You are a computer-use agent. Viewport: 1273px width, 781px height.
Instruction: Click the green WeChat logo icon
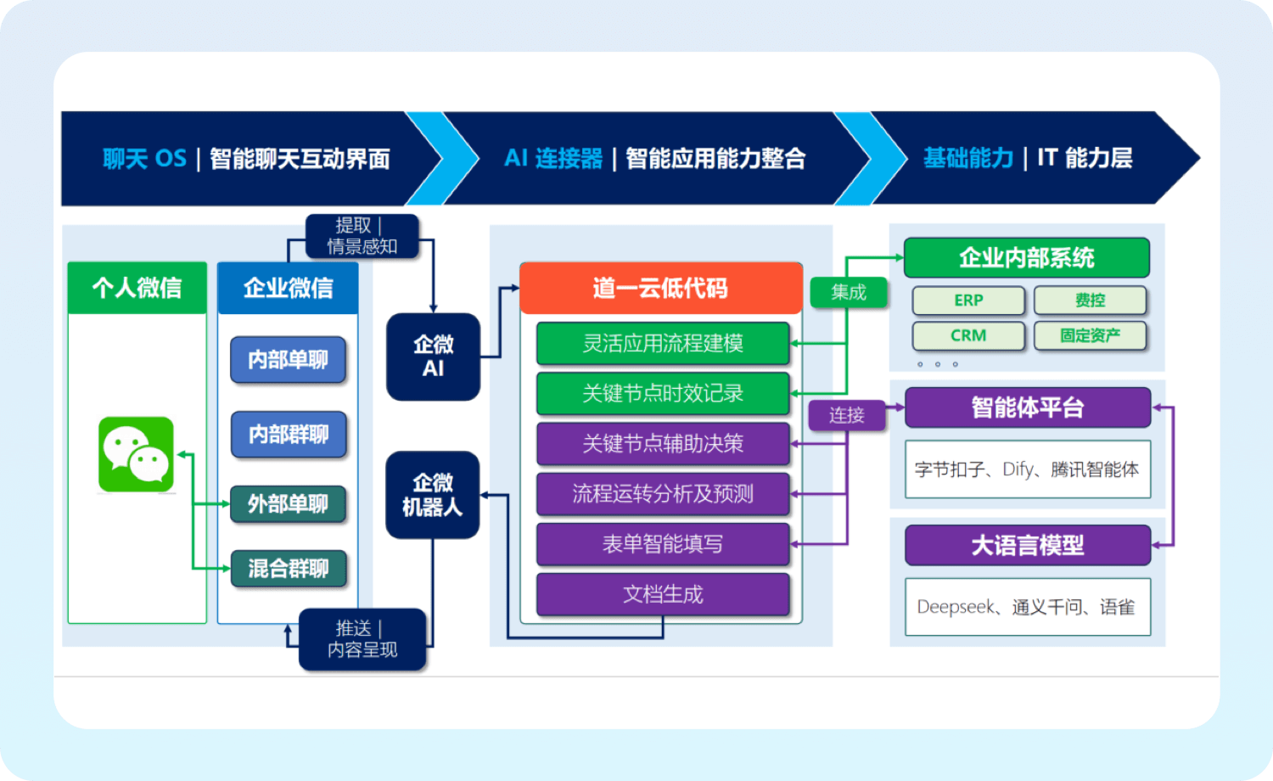pyautogui.click(x=136, y=455)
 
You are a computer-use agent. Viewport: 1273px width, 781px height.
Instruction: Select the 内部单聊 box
pyautogui.click(x=288, y=360)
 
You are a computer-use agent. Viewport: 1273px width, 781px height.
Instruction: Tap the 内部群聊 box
pyautogui.click(x=288, y=435)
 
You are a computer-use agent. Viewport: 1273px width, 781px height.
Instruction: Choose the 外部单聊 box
pyautogui.click(x=288, y=504)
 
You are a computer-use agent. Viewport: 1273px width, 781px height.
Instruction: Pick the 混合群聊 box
pyautogui.click(x=288, y=569)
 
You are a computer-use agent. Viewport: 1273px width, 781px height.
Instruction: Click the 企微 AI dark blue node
pyautogui.click(x=433, y=357)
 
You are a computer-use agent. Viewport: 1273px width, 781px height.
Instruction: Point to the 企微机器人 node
pyautogui.click(x=432, y=495)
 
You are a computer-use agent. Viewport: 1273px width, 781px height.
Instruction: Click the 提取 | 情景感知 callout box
pyautogui.click(x=362, y=236)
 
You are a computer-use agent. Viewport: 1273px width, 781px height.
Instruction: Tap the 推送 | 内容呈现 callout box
pyautogui.click(x=362, y=639)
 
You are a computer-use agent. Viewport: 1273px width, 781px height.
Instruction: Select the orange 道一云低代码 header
pyautogui.click(x=660, y=289)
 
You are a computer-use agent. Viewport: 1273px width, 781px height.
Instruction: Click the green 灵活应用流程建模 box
pyautogui.click(x=663, y=343)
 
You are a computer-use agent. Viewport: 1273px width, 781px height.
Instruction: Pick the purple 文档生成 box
pyautogui.click(x=663, y=594)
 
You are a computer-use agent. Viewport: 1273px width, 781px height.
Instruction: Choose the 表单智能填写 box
pyautogui.click(x=663, y=544)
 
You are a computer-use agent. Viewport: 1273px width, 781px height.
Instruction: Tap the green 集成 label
pyautogui.click(x=849, y=292)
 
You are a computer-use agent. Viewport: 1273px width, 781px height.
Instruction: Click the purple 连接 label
pyautogui.click(x=846, y=415)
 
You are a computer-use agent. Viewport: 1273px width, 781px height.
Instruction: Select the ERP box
pyautogui.click(x=968, y=301)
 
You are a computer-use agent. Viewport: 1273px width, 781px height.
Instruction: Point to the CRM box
pyautogui.click(x=968, y=335)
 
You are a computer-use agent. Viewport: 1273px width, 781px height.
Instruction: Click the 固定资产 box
pyautogui.click(x=1090, y=335)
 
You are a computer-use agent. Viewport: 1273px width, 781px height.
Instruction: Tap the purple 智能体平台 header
pyautogui.click(x=1027, y=407)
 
